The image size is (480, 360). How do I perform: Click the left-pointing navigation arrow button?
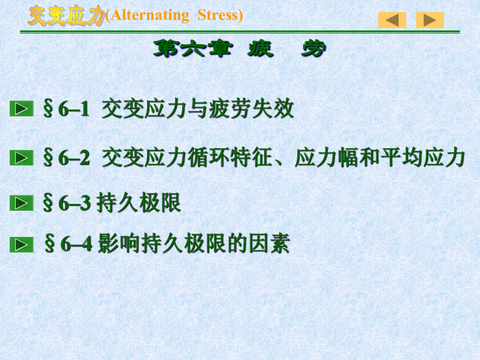(392, 20)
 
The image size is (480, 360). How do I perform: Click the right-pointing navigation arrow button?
(430, 20)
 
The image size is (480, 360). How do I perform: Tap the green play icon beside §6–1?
(21, 109)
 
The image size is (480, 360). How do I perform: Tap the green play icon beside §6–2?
(21, 158)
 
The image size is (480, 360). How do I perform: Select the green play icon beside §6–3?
(21, 203)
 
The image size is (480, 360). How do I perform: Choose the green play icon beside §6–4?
(21, 244)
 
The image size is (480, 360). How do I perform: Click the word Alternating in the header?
(149, 16)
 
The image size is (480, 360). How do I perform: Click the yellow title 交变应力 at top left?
(67, 16)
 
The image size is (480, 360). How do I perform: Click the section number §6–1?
(66, 110)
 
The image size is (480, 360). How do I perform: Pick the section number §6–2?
(66, 158)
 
